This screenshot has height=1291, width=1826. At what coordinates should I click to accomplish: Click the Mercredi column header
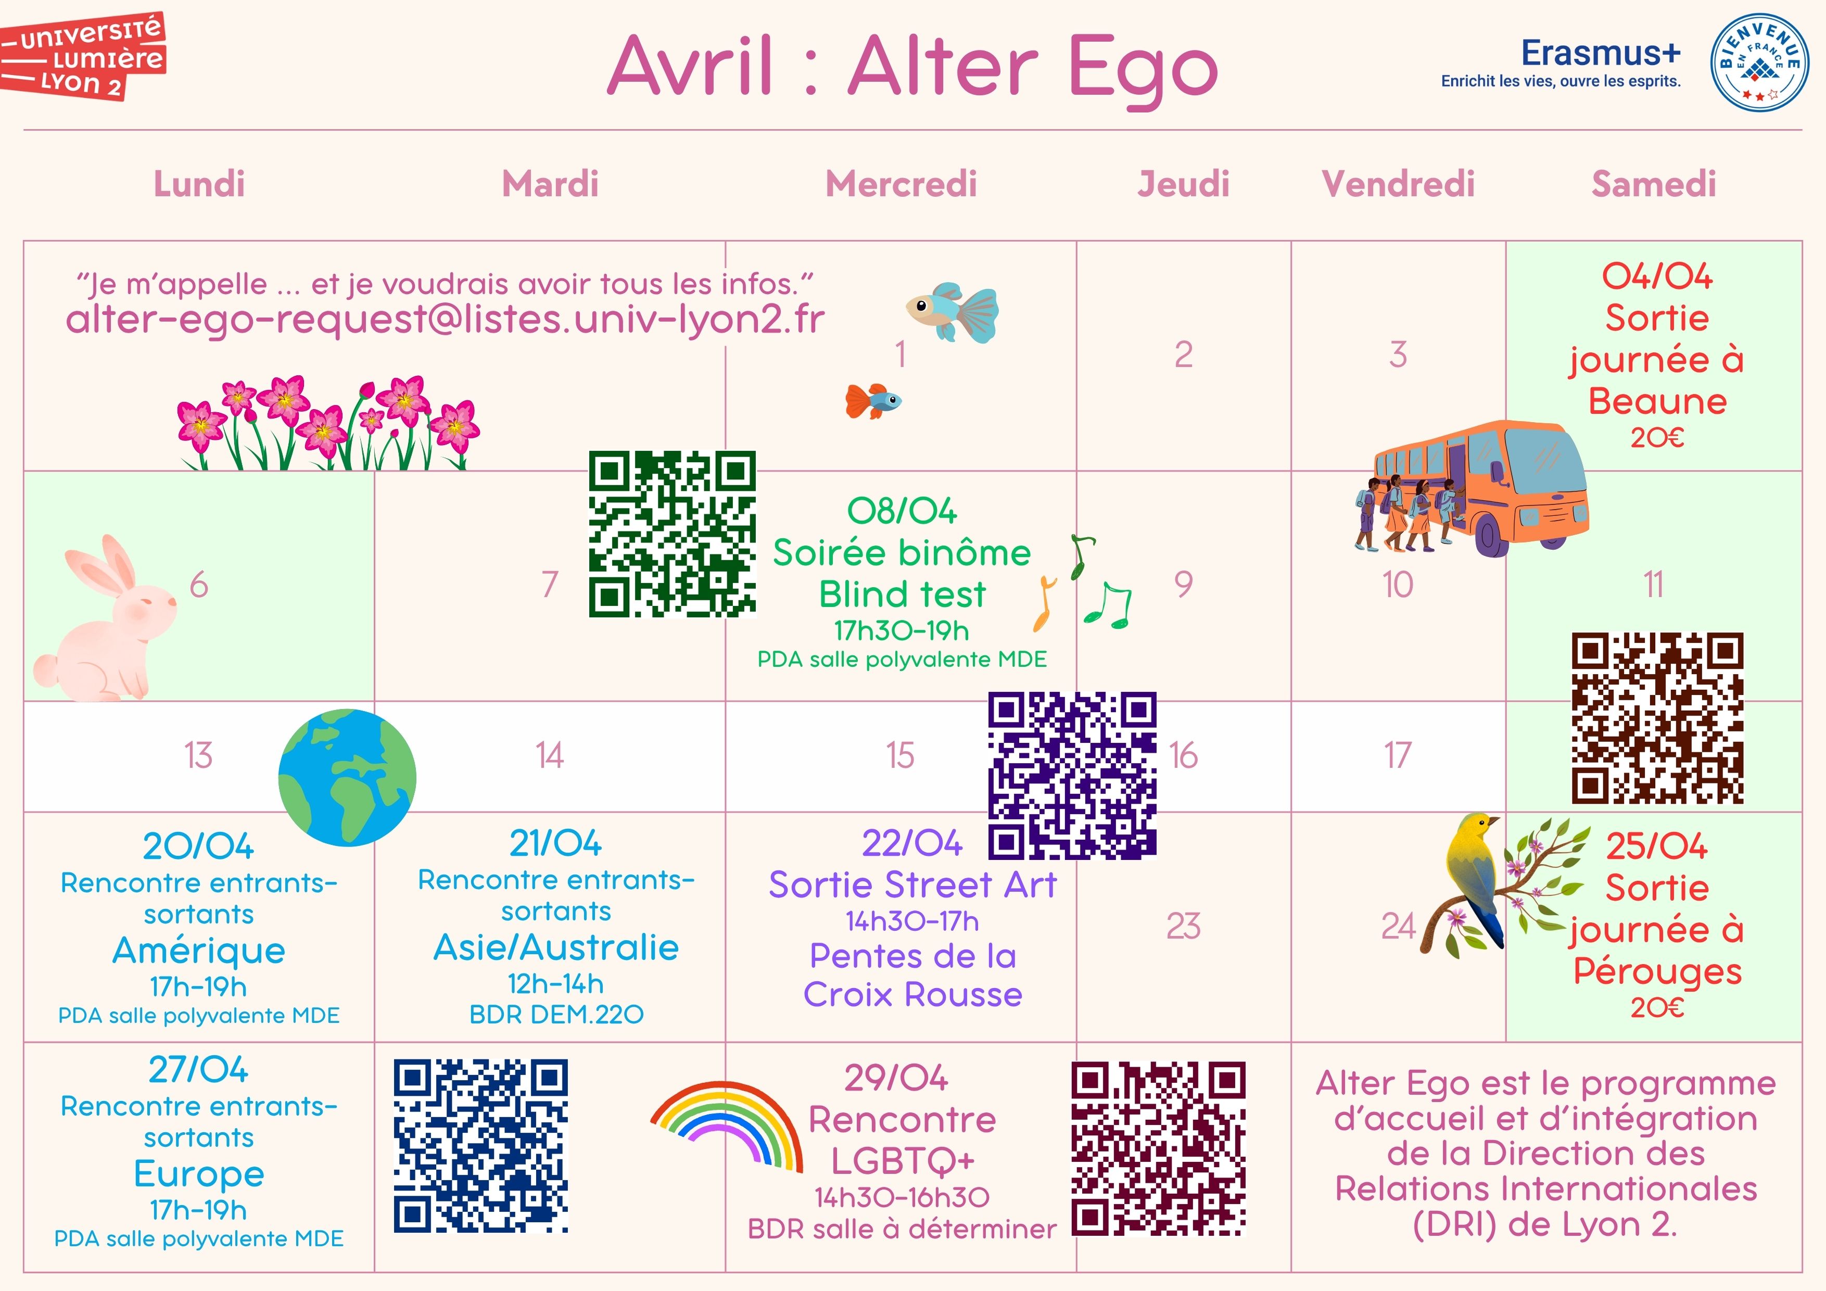click(x=901, y=184)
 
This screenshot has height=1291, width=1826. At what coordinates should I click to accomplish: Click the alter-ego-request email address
click(x=446, y=320)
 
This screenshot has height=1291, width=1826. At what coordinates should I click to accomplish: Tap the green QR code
click(x=672, y=534)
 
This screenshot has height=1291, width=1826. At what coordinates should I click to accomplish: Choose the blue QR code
click(x=480, y=1145)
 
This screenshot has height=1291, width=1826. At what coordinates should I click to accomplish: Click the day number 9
click(x=1183, y=585)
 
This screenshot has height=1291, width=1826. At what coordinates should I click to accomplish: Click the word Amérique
click(x=199, y=951)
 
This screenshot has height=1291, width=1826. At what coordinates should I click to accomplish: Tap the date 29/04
click(x=896, y=1078)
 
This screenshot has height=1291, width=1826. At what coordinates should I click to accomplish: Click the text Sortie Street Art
click(x=912, y=884)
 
